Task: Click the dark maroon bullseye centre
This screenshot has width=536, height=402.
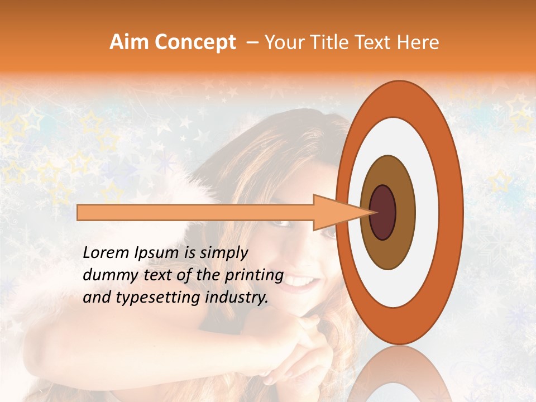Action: (383, 212)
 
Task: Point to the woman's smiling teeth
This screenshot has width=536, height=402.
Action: (302, 280)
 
